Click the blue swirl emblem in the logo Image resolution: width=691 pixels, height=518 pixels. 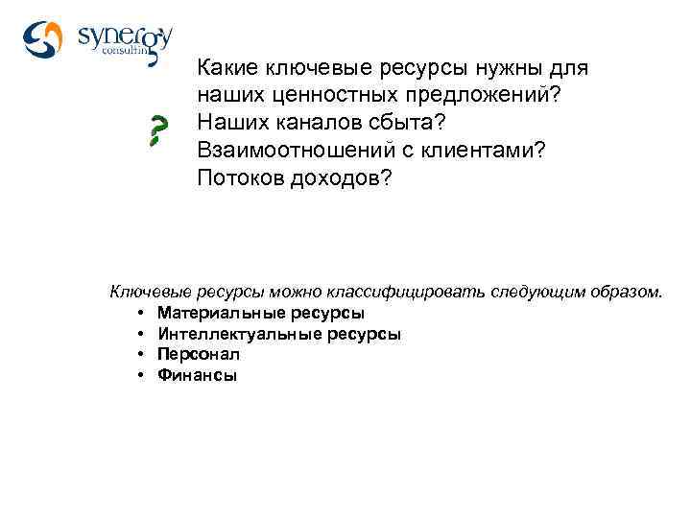pos(44,39)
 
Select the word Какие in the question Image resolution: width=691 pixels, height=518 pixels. pos(226,69)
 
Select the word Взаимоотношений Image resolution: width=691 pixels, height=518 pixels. pos(292,152)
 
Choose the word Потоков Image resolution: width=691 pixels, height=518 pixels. pos(236,179)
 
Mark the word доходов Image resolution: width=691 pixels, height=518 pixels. pos(342,179)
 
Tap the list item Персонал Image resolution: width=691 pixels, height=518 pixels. pos(199,354)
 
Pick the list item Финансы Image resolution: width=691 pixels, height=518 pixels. pos(197,375)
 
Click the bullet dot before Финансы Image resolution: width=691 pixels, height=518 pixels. pos(140,375)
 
